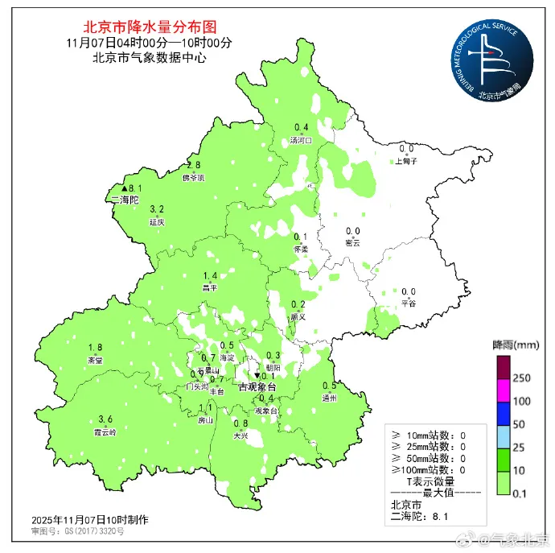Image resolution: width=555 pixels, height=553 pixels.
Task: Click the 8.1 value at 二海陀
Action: coord(135,188)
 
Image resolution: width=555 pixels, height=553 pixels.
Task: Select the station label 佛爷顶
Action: coord(193,177)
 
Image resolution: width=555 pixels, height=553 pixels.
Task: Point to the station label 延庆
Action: coord(157,221)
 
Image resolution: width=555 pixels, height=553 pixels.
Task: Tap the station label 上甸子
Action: coord(406,161)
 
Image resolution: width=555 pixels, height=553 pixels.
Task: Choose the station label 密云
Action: coord(352,242)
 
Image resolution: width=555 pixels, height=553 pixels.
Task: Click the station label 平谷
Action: coord(409,303)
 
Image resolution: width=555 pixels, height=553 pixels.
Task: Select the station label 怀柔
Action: coord(301,248)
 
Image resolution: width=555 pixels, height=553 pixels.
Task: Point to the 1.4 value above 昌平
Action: coord(211,275)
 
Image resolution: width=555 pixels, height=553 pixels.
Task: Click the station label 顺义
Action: coord(298,316)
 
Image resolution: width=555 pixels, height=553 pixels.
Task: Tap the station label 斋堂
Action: coord(95,359)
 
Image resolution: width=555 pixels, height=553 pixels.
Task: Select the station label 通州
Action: coord(329,397)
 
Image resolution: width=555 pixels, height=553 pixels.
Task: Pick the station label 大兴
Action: coord(240,435)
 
